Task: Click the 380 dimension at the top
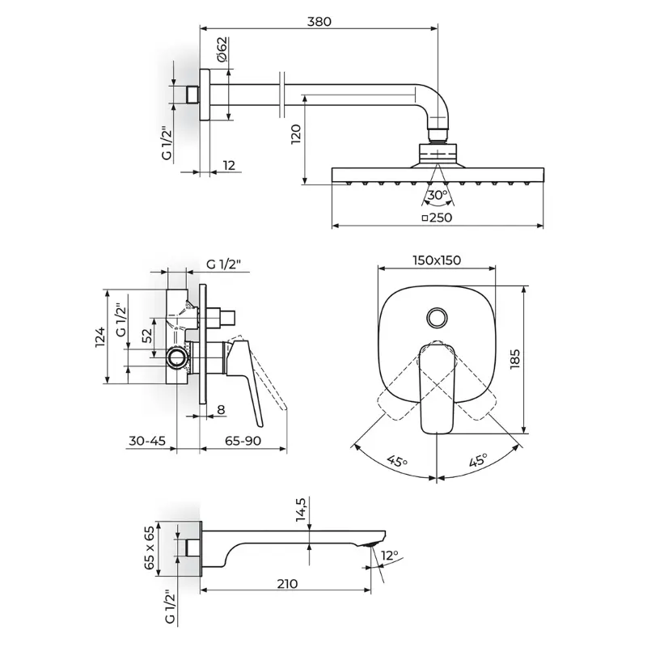coord(319,21)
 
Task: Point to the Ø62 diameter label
coord(222,49)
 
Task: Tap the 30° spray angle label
coord(437,195)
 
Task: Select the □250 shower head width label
coord(437,217)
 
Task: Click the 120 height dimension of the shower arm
coord(296,133)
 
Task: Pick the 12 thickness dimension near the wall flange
coord(229,165)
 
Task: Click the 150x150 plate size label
coord(437,260)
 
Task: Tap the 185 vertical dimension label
coord(514,359)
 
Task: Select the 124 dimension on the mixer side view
coord(100,337)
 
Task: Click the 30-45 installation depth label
coord(147,441)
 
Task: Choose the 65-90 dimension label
coord(243,441)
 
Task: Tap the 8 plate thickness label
coord(221,410)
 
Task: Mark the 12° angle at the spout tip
coord(390,555)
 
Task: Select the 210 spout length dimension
coord(287,584)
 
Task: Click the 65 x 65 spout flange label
coord(149,548)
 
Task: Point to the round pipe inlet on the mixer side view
coord(178,357)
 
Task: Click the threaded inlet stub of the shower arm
coord(192,95)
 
